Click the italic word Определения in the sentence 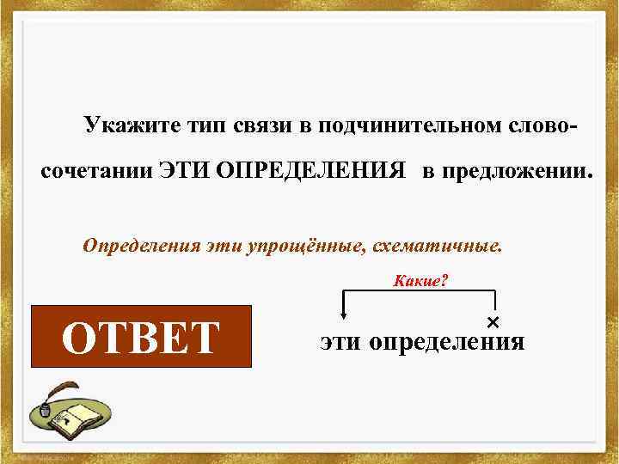(141, 247)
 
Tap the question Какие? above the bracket (420, 281)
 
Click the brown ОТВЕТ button (141, 337)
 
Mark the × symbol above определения (493, 322)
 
